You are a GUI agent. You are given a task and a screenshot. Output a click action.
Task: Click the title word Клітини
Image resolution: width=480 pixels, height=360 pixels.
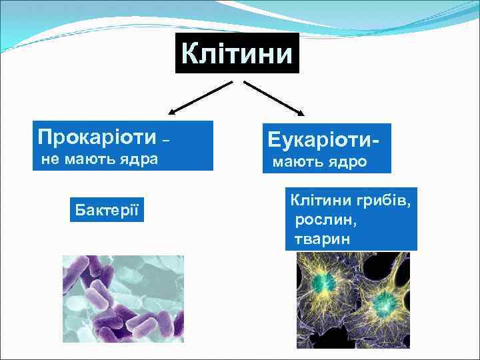coord(237,53)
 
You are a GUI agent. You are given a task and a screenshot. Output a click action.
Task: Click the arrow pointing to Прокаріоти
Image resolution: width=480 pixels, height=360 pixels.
coord(199,97)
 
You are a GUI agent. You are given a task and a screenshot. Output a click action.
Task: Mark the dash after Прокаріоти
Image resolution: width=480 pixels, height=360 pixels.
coord(166,140)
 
